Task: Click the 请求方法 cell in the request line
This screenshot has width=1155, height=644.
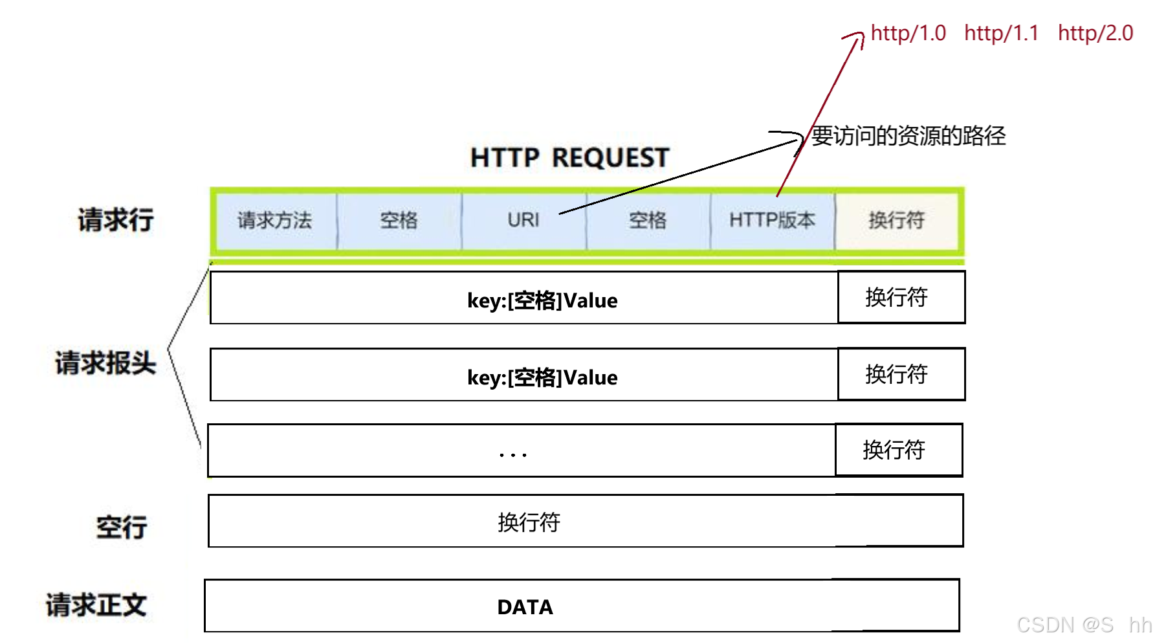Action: click(274, 221)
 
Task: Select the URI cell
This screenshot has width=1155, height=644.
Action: click(523, 221)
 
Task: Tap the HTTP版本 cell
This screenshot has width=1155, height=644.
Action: click(772, 221)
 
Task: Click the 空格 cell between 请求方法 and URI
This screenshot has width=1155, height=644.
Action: click(399, 221)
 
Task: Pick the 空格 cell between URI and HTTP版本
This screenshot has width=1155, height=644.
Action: click(647, 221)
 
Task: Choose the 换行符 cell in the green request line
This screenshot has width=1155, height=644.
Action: click(896, 221)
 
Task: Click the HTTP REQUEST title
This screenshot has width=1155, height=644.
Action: click(569, 158)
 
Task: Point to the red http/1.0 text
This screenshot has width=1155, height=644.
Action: click(908, 33)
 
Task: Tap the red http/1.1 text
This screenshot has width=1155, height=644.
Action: click(1001, 33)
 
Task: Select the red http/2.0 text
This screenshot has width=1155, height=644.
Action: click(1095, 33)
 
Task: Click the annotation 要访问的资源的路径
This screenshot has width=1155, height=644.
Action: click(908, 136)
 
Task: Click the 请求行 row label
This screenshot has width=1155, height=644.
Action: click(116, 220)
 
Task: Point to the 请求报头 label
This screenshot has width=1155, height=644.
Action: click(105, 363)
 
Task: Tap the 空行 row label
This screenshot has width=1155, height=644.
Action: click(122, 527)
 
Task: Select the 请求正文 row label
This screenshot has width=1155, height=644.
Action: click(96, 605)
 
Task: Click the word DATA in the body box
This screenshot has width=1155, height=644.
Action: click(525, 607)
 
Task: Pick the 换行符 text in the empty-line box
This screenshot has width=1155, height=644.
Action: click(529, 522)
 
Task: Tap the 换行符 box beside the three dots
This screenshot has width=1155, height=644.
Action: click(898, 450)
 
